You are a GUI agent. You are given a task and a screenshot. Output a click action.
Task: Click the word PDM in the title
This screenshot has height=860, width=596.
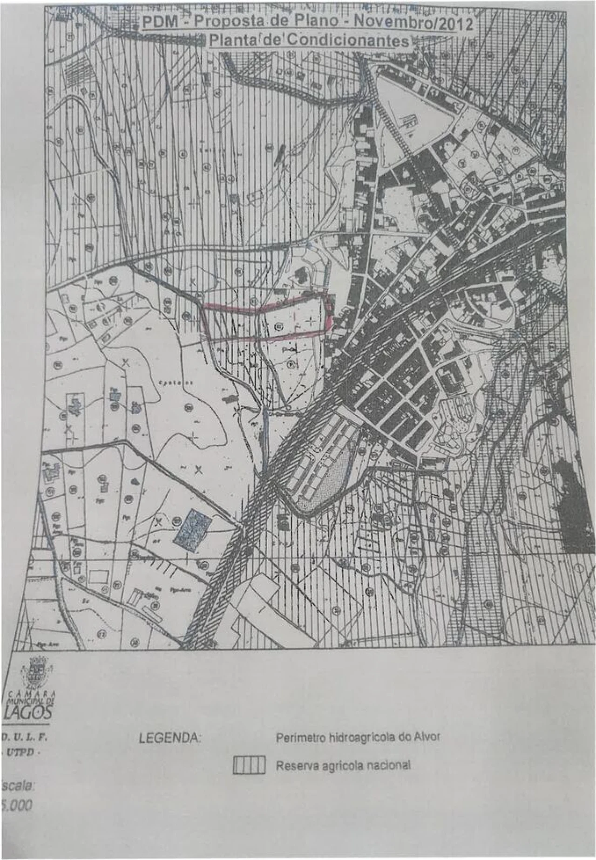coord(156,23)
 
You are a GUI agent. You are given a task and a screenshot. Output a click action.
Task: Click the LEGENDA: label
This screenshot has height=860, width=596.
coord(169,738)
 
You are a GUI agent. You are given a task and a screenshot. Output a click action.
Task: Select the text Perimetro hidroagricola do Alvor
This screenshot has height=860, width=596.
coord(358,737)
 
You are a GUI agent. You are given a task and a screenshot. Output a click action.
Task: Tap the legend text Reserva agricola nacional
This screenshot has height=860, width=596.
coord(343,765)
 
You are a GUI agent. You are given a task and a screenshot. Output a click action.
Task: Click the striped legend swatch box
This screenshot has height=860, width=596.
coord(249,765)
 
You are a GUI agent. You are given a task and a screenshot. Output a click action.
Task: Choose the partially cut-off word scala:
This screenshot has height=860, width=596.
coord(18,785)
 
